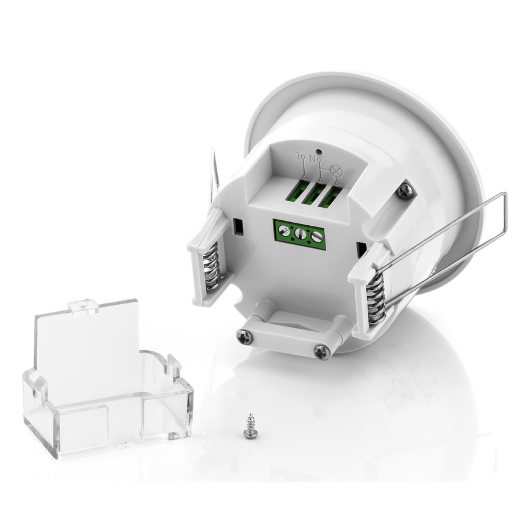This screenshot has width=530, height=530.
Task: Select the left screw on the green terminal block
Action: tap(286, 230)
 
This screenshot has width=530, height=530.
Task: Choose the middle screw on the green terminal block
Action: tap(300, 233)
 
